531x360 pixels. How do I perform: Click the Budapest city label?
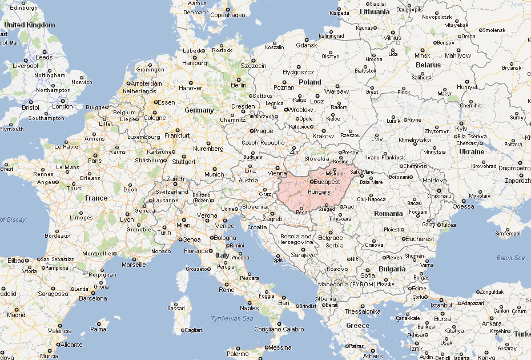point(328,182)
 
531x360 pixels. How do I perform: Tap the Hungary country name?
point(319,192)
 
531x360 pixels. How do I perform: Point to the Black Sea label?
point(510,258)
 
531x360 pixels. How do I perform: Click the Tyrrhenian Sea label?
point(231,318)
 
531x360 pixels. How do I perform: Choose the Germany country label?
point(199,110)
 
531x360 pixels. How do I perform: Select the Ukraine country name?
point(472,152)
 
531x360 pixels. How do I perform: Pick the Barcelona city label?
point(92,298)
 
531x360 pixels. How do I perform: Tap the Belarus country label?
point(428,65)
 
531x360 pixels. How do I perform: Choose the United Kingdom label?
point(30,25)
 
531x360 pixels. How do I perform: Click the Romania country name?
point(388,213)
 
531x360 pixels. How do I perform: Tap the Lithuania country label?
point(375,11)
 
